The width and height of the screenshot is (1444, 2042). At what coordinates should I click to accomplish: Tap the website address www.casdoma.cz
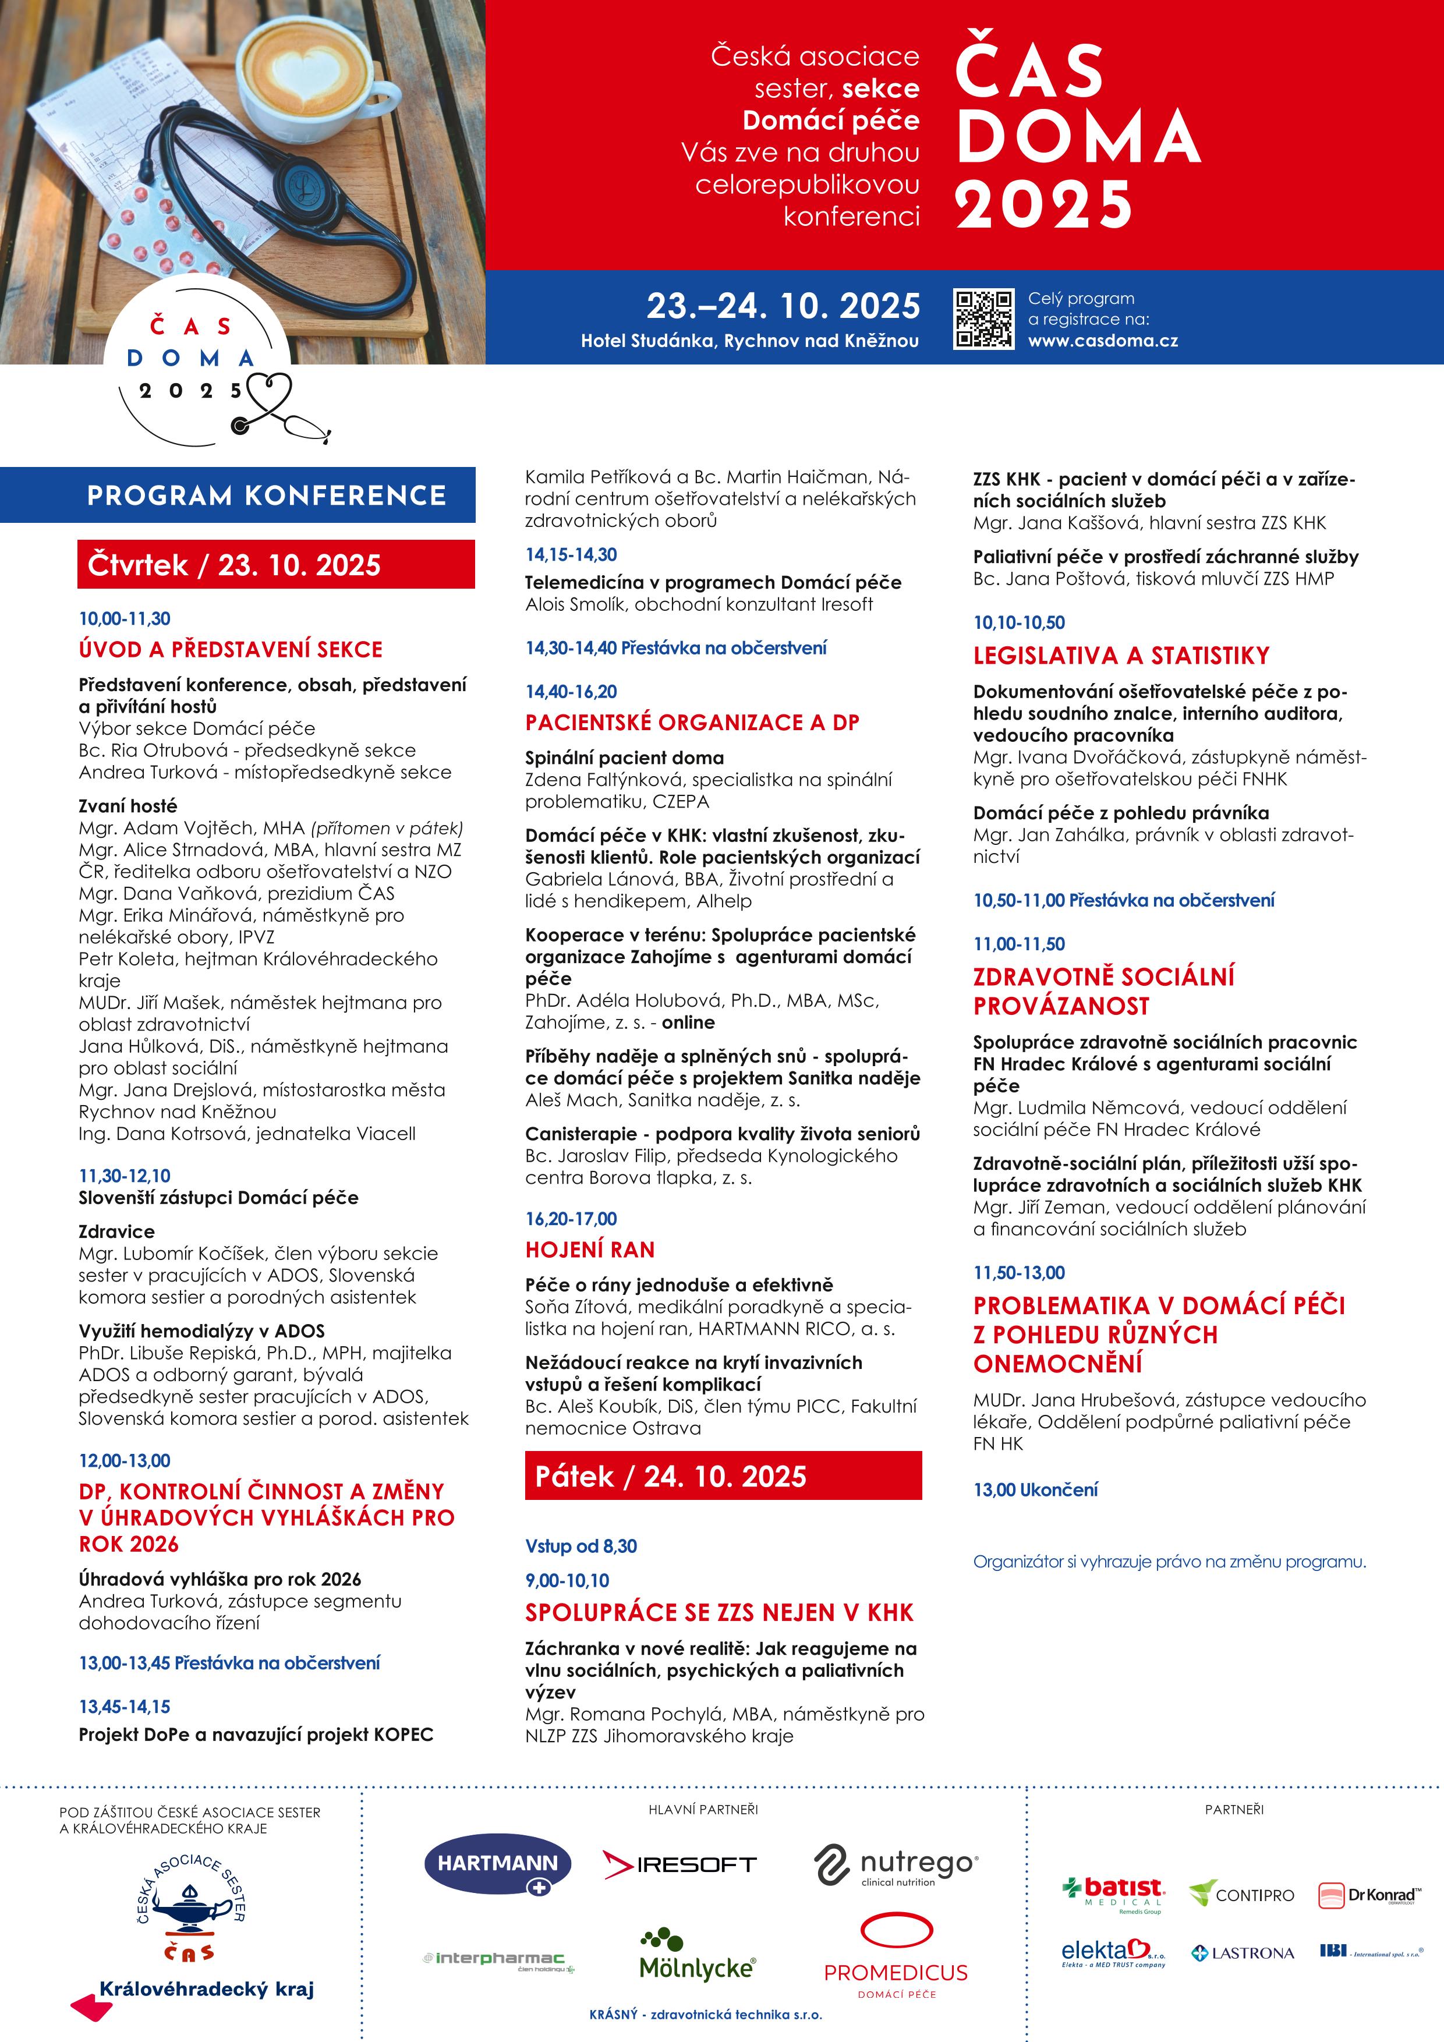pos(1103,341)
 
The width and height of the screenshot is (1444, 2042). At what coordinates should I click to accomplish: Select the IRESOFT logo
pos(679,1864)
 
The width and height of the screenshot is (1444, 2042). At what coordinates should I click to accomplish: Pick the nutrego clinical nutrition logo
pos(896,1865)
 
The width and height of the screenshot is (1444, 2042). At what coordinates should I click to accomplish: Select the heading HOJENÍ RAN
pos(589,1250)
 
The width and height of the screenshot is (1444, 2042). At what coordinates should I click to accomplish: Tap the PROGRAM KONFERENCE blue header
pos(266,496)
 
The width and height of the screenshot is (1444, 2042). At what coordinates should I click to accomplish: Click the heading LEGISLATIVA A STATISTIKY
pos(1121,656)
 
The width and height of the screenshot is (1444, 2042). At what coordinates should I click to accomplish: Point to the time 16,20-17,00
pos(571,1219)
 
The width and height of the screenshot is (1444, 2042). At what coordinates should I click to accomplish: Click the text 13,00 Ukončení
pos(1035,1489)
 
